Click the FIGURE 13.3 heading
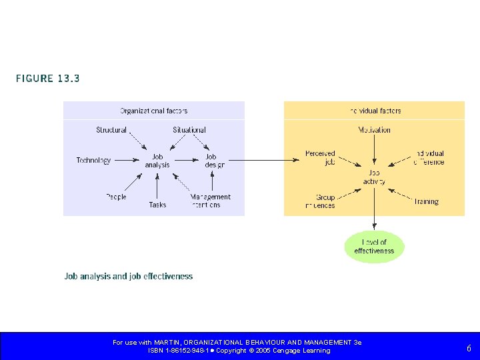coord(48,79)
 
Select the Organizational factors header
coord(153,111)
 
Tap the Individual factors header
coord(375,111)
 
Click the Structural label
coord(111,130)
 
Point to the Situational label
coord(189,130)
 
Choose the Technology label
coord(93,161)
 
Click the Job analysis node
coord(157,161)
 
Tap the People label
coord(116,197)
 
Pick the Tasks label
coord(157,205)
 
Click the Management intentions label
coord(210,201)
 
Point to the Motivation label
coord(374,130)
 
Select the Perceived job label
coord(320,157)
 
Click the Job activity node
coord(374,177)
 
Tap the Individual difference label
coord(429,157)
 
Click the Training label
coord(426,201)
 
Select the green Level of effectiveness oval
coord(374,247)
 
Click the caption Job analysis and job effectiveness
coord(129,276)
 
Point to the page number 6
coord(469,348)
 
